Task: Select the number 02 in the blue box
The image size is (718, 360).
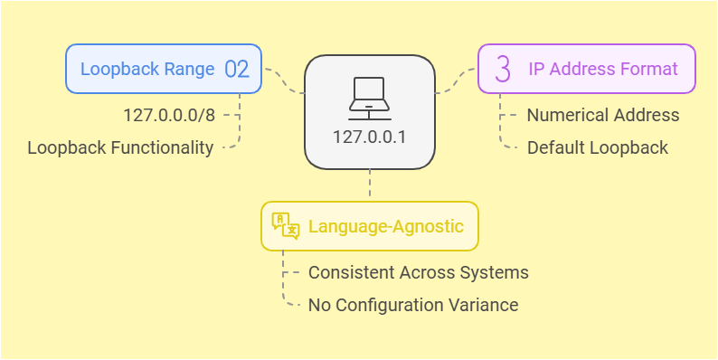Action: (236, 70)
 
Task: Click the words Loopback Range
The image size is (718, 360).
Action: (147, 70)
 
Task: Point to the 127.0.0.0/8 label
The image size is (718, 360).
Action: (169, 115)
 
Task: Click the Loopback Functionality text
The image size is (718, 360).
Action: (121, 147)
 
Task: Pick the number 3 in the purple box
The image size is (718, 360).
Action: (503, 70)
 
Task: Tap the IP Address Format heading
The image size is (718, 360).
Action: (602, 70)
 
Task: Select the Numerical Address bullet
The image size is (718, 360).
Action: (603, 115)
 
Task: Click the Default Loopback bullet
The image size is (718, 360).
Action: (598, 147)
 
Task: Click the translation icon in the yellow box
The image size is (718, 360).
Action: (285, 226)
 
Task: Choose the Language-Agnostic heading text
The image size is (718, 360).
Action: (386, 226)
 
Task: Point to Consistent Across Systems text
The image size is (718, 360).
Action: (419, 272)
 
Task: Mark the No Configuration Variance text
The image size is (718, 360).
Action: (413, 305)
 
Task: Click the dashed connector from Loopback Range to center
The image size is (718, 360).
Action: (283, 81)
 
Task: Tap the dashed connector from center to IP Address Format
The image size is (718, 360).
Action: (457, 81)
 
